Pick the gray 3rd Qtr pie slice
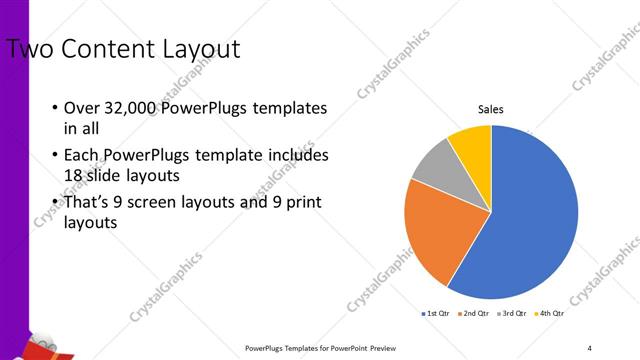436,167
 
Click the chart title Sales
490,109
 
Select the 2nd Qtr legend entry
473,314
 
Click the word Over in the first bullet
80,108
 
